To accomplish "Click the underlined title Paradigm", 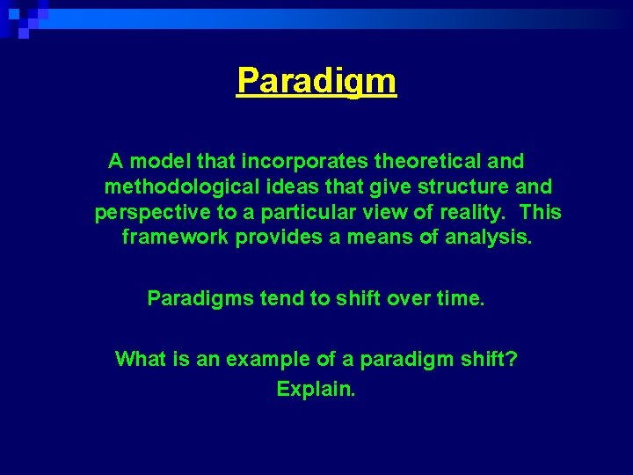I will pos(316,82).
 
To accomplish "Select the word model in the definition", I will pos(161,162).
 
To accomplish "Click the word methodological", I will pos(180,187).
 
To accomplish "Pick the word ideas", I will pos(292,187).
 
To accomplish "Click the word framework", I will pos(175,238).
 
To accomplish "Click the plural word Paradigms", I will pos(200,299).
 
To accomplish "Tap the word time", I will pos(460,299).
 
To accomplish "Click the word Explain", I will pos(316,389).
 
